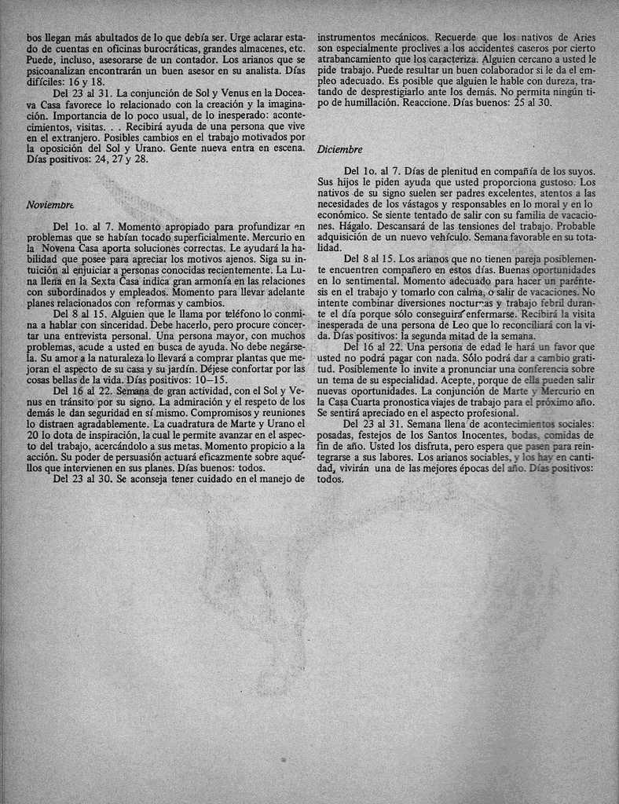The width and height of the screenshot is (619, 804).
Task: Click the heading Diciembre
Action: (x=340, y=149)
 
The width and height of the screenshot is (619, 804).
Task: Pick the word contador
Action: (x=200, y=59)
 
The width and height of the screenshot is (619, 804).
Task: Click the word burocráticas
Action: (x=162, y=48)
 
